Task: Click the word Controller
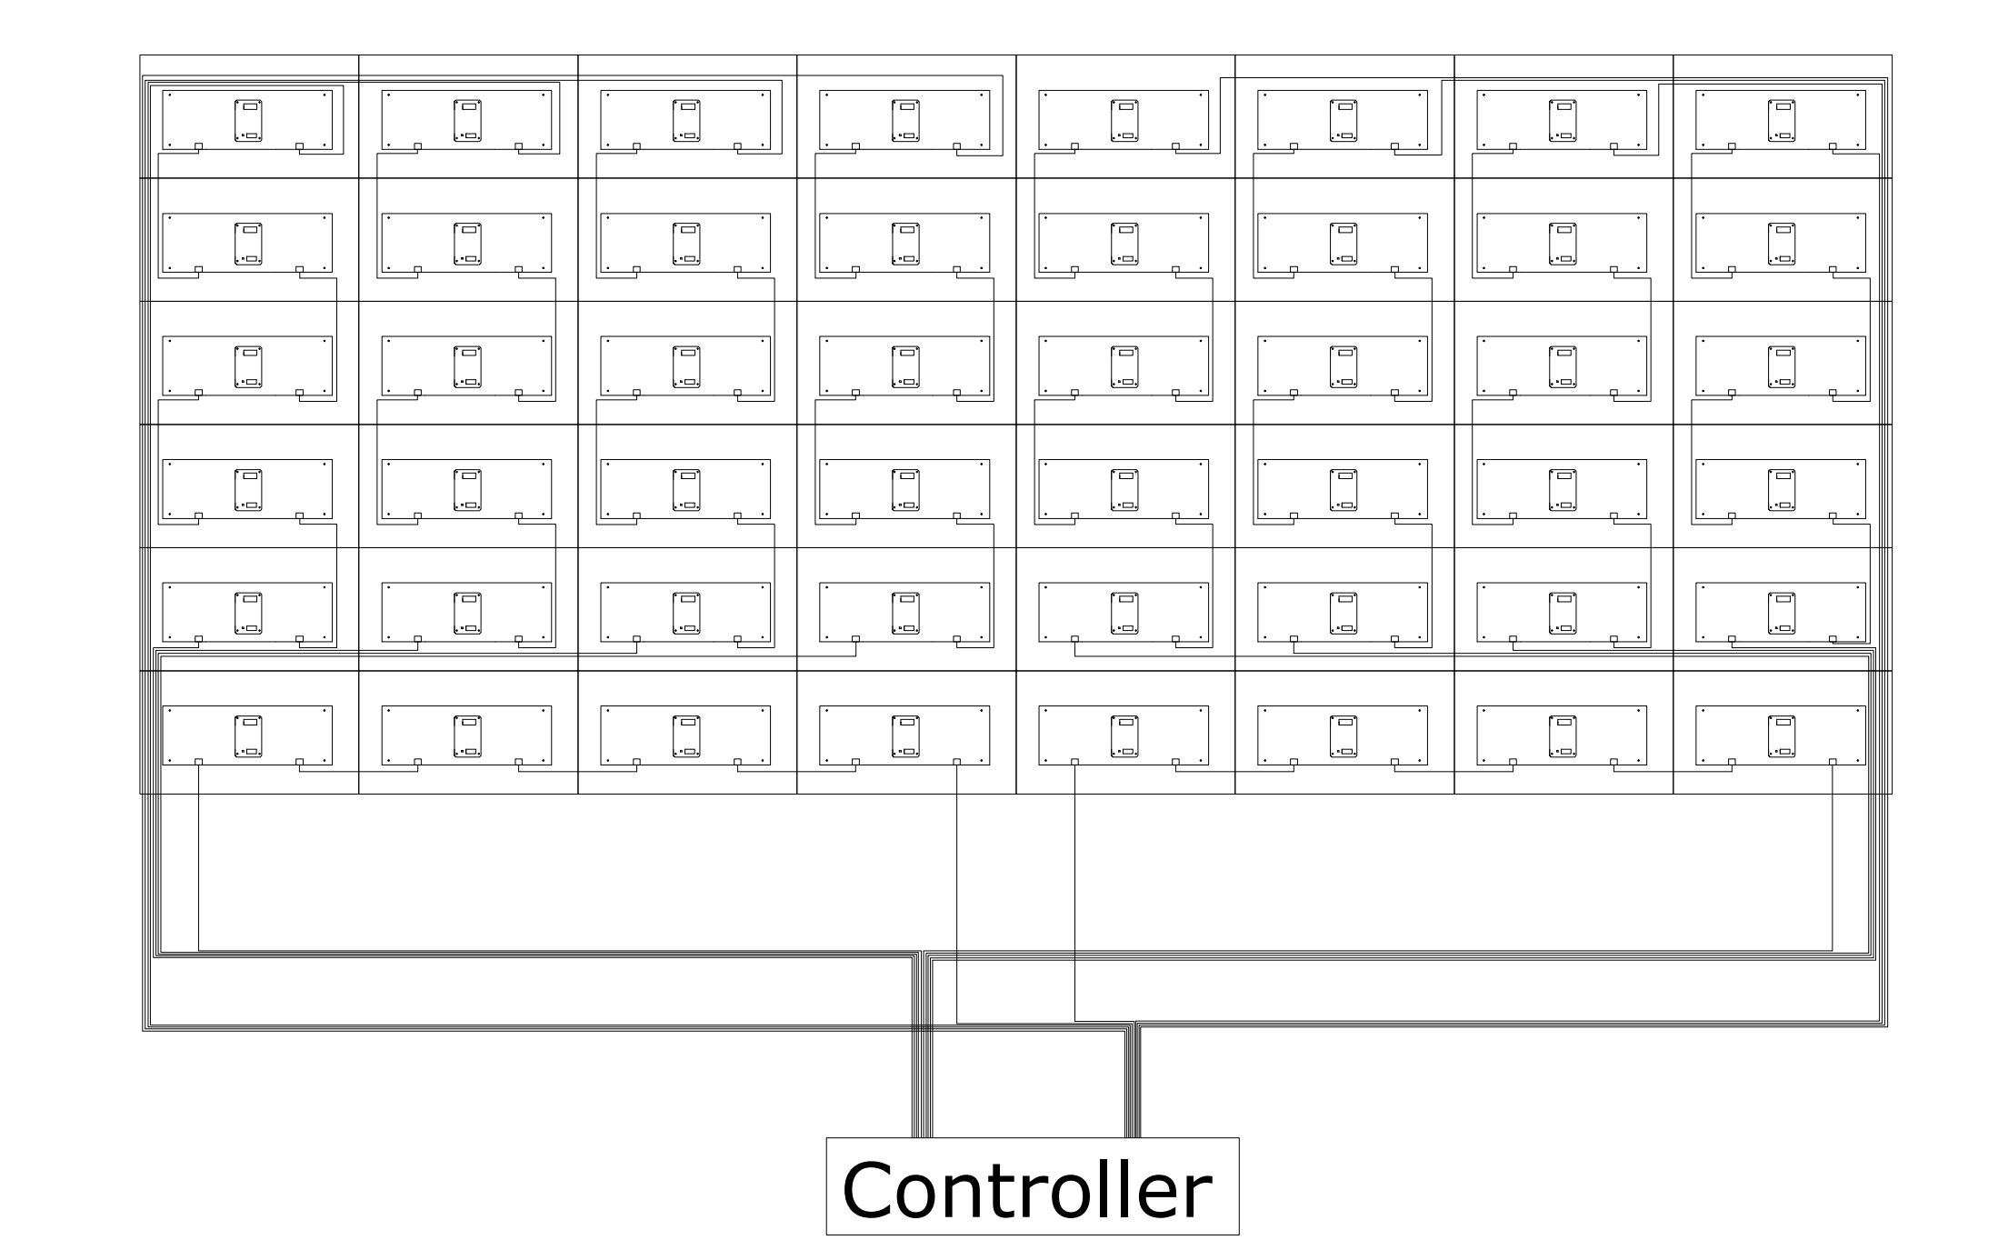pos(1027,1191)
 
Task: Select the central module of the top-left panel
pos(248,121)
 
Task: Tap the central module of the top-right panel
pos(1782,121)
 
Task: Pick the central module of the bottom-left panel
pos(248,736)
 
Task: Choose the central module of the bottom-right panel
pos(1782,736)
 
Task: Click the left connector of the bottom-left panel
pos(199,762)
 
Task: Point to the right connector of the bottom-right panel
pos(1833,762)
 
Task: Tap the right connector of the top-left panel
pos(299,146)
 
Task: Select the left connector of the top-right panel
pos(1732,146)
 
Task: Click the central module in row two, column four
pos(905,244)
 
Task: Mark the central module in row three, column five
pos(1124,367)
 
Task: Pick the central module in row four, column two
pos(467,490)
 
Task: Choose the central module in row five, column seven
pos(1563,614)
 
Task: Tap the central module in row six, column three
pos(686,736)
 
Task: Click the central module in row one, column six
pos(1344,121)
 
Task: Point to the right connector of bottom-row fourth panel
pos(956,762)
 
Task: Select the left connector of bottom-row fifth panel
pos(1074,762)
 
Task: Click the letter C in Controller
pos(870,1191)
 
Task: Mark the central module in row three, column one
pos(248,367)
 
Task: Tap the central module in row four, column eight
pos(1782,490)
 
